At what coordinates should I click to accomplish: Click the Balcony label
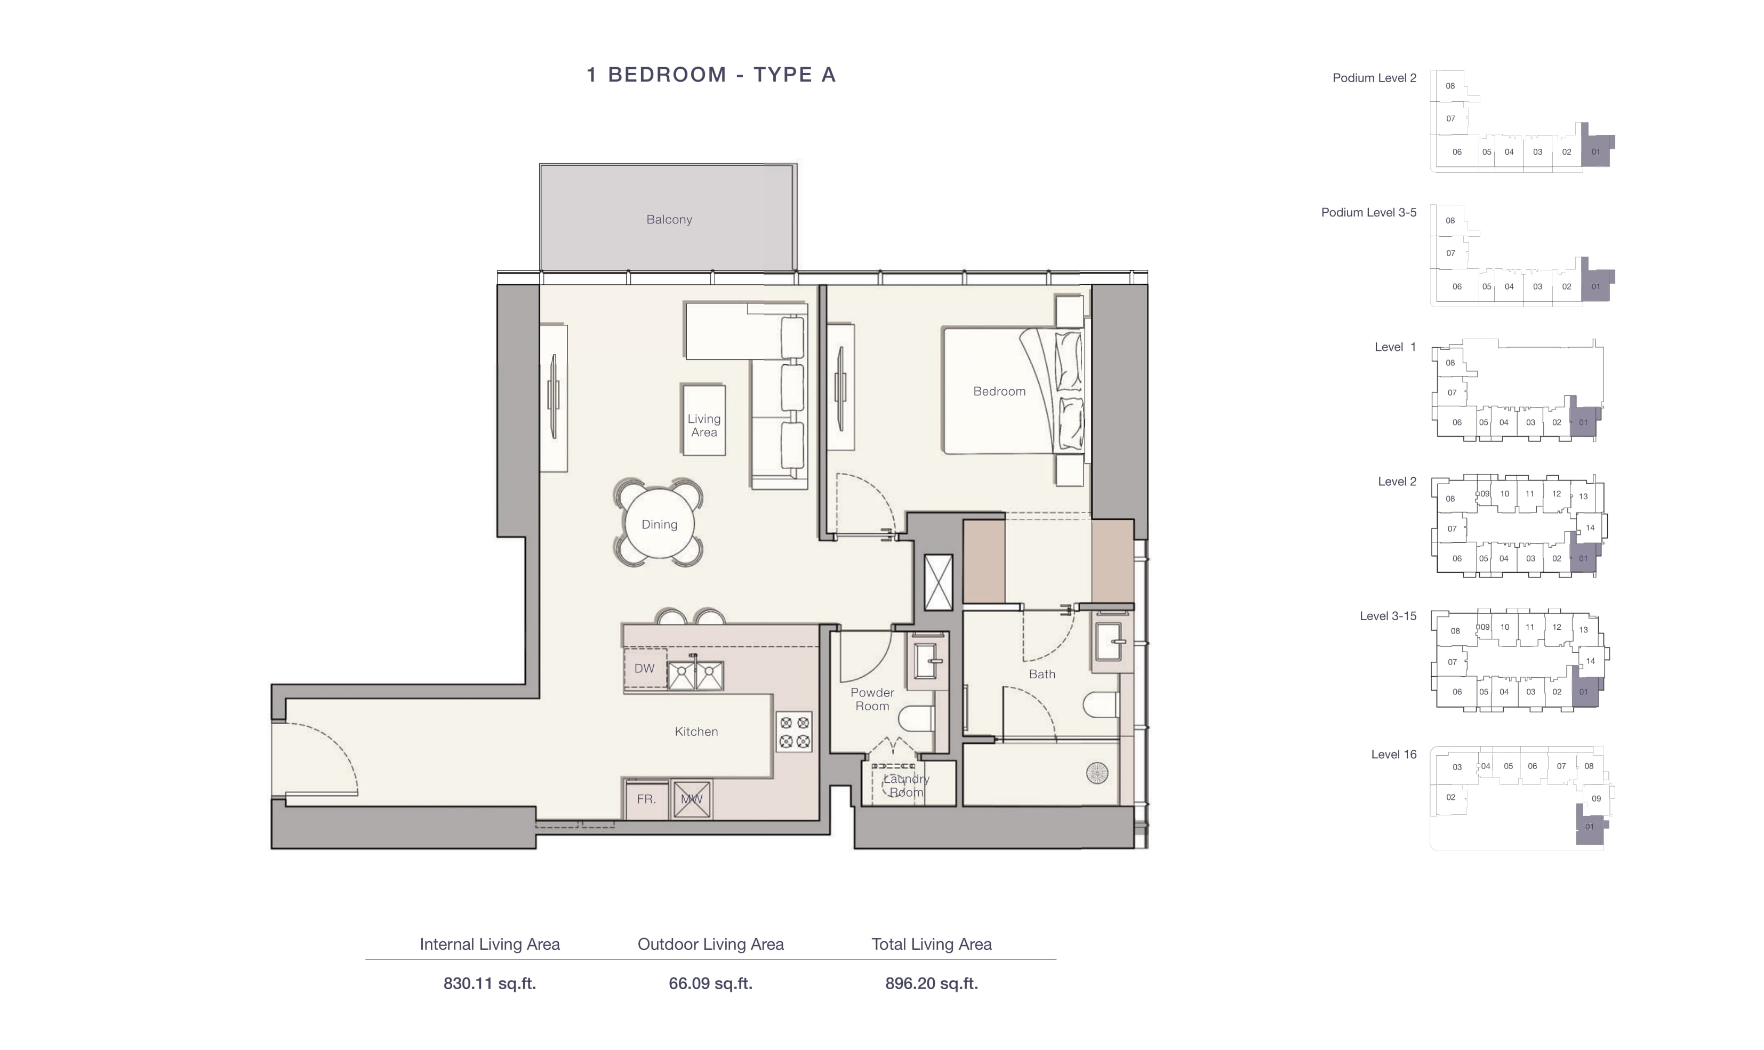coord(668,219)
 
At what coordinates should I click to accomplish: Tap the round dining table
coord(659,524)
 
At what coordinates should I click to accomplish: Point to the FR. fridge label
coord(646,799)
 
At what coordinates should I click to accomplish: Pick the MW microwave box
coord(692,799)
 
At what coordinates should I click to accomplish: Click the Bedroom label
coord(999,391)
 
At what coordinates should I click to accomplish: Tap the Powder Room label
coord(872,699)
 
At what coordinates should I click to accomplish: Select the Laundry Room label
coord(906,786)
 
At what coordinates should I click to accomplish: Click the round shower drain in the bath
coord(1097,773)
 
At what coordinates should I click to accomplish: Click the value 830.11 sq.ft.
coord(490,983)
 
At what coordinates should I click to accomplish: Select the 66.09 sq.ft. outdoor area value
coord(710,983)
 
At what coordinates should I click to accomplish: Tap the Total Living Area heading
coord(932,944)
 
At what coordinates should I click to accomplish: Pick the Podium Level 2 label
coord(1374,78)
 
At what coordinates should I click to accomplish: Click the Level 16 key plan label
coord(1393,754)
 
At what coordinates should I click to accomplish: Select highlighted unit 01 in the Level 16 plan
coord(1589,827)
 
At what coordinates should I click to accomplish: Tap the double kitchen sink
coord(695,676)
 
